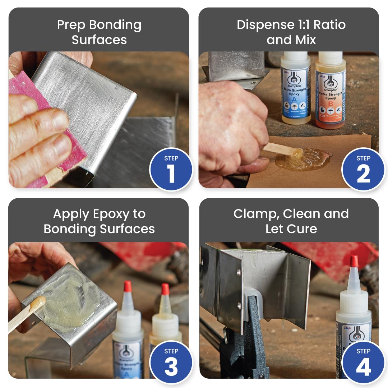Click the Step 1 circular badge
coord(171,169)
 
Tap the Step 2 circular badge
coord(363,169)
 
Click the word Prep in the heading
coord(71,26)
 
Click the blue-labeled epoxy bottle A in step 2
coord(296,90)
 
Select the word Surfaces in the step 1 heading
coord(99,40)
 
